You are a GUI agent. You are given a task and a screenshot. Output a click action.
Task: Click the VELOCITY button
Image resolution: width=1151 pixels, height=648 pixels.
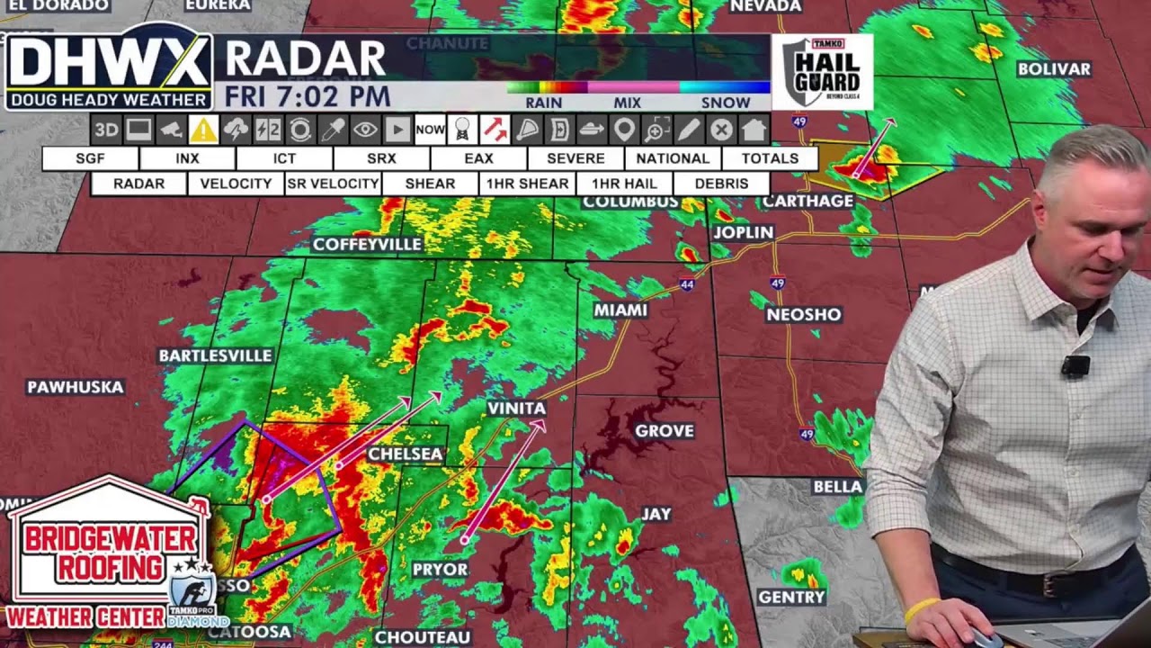(x=236, y=184)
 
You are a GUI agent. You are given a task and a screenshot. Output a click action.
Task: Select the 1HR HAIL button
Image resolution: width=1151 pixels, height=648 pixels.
(x=624, y=184)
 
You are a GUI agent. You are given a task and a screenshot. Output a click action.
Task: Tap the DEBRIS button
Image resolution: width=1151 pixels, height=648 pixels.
(x=721, y=184)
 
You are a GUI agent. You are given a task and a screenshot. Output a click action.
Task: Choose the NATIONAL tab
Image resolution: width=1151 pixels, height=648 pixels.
(x=673, y=158)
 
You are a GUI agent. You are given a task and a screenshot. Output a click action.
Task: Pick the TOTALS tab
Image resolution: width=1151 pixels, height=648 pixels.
(x=770, y=158)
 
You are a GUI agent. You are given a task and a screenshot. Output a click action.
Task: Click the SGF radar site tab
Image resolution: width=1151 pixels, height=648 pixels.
(x=90, y=158)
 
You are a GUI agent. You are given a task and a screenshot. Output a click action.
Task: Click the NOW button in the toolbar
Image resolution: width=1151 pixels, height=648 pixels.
(x=430, y=130)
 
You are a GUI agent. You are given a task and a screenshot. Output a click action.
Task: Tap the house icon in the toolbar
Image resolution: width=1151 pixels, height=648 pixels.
(x=754, y=130)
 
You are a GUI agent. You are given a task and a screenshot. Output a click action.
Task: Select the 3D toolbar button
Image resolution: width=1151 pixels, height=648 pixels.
(x=106, y=130)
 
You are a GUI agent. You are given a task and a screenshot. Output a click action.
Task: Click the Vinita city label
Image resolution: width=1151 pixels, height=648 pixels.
(x=516, y=409)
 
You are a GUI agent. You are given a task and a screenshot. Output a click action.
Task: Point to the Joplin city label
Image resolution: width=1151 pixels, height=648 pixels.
(x=743, y=232)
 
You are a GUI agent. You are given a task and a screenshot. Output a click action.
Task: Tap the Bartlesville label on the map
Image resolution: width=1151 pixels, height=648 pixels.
(x=215, y=355)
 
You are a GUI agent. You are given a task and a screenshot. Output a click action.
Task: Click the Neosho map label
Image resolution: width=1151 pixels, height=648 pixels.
(x=804, y=314)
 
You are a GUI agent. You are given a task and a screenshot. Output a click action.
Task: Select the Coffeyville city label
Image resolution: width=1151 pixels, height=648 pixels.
(x=367, y=245)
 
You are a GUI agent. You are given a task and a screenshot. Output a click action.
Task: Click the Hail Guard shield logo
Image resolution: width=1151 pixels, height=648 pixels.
(x=822, y=72)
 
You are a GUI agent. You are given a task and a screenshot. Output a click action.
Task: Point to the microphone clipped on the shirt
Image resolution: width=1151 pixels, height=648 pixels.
(x=1075, y=365)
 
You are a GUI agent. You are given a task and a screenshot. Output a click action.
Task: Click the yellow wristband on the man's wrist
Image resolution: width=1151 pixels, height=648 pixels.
(x=921, y=610)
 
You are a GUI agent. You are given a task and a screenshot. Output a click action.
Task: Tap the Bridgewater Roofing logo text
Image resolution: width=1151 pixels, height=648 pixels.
(x=110, y=553)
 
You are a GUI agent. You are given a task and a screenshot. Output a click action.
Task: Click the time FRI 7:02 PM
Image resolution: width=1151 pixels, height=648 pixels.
(x=308, y=96)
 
